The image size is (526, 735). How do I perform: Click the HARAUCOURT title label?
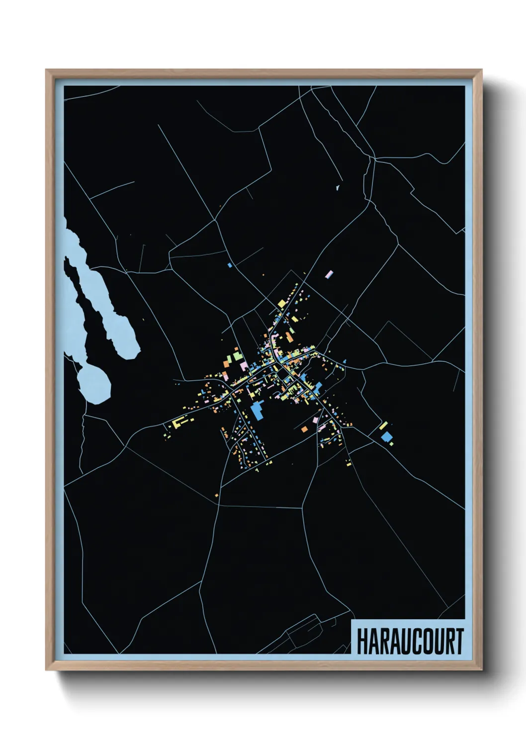410,641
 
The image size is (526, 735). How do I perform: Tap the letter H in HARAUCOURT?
362,641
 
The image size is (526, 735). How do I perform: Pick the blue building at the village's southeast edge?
386,437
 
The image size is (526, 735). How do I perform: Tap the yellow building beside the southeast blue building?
383,426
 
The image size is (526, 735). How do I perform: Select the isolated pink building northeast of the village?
329,274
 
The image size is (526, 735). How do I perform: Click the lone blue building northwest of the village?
230,265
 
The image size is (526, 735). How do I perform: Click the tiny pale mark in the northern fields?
337,188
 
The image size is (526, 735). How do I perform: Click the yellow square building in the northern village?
281,302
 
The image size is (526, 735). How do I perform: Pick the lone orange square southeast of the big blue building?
304,428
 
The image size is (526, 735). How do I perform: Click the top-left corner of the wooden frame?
46,70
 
